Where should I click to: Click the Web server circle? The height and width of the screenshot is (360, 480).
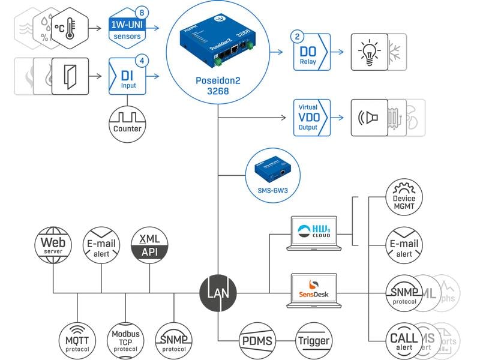(x=53, y=245)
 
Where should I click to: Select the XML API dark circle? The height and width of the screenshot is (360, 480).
(x=149, y=245)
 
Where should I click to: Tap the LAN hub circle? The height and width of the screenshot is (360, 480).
(x=218, y=293)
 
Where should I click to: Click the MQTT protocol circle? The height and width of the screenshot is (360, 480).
(x=77, y=340)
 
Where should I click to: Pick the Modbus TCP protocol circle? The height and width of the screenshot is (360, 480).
(x=125, y=340)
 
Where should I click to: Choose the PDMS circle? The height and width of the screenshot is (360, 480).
(x=257, y=340)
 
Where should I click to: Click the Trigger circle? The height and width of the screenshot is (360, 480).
(x=313, y=340)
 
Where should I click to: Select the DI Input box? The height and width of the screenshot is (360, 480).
(x=127, y=76)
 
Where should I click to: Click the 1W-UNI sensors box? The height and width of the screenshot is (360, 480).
(x=127, y=27)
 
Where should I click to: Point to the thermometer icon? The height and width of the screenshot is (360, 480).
(x=70, y=28)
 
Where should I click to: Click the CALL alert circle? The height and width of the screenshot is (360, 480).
(x=403, y=340)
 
